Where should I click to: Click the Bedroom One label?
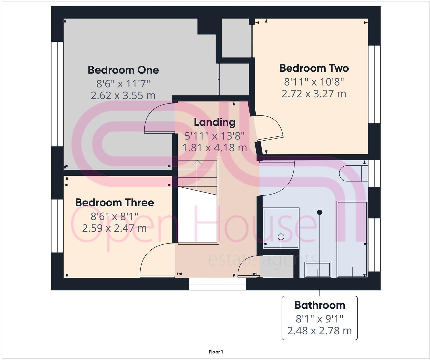pos(123,70)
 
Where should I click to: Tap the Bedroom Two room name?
pos(314,68)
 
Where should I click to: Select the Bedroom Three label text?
pos(114,203)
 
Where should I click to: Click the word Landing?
pos(214,122)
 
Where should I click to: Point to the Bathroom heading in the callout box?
pos(319,305)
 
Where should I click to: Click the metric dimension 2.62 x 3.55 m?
pos(123,96)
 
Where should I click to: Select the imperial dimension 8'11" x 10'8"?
pos(314,81)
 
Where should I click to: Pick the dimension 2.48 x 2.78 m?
pos(319,331)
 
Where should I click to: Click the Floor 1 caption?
pos(216,352)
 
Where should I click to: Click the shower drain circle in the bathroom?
pos(281,237)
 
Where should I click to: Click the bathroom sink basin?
pos(318,269)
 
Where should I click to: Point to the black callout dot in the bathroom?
pos(319,212)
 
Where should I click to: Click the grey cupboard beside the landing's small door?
pos(277,267)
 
